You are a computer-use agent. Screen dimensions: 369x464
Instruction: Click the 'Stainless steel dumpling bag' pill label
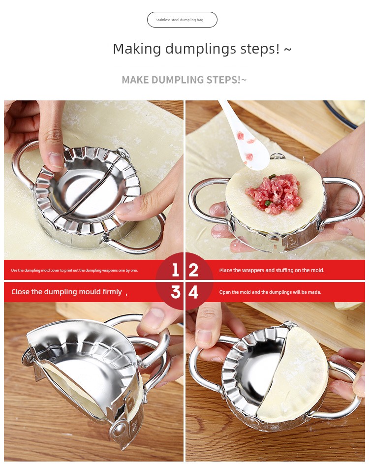coord(182,20)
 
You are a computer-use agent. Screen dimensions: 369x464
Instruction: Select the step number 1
coord(175,270)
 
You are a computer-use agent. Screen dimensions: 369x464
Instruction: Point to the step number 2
coord(193,270)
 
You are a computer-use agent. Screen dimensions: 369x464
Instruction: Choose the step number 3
coord(176,292)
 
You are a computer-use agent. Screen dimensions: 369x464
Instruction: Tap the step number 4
coord(193,292)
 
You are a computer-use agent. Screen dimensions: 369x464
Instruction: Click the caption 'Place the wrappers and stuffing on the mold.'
coord(272,270)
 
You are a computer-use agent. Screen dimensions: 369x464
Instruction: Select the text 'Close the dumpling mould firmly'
coord(66,292)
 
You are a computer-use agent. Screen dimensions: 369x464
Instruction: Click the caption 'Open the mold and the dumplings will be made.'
coord(270,292)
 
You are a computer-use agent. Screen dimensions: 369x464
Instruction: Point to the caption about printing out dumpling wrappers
coord(74,270)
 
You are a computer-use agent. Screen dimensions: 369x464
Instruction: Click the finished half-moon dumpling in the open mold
coord(293,374)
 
